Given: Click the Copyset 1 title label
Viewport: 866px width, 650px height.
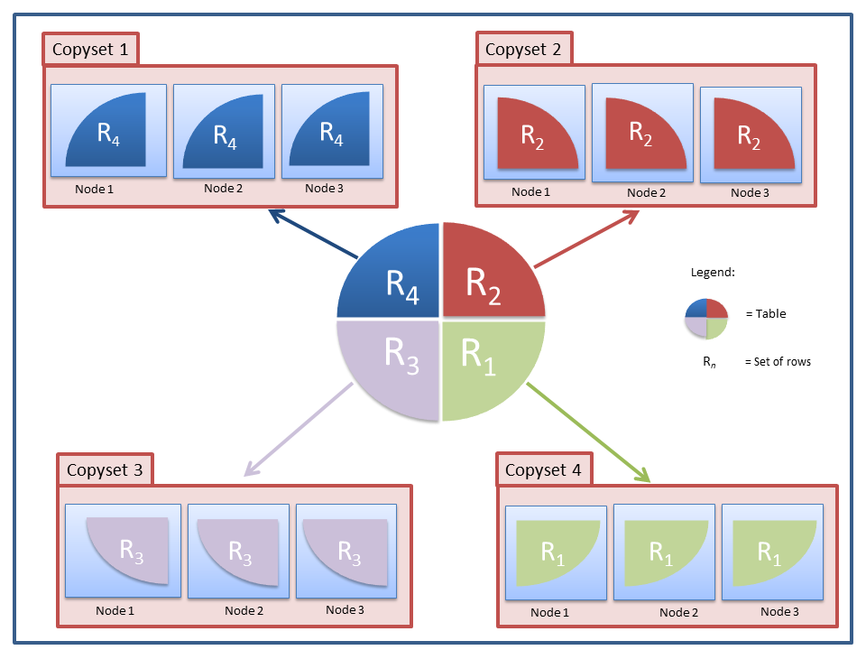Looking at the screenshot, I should click(90, 50).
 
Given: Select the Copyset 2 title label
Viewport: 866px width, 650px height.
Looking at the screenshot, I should click(523, 50).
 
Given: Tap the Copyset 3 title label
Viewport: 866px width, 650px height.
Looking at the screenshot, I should click(105, 470).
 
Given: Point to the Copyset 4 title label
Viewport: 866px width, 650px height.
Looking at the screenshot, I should click(543, 470).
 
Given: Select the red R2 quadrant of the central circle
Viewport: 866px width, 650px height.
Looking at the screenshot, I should click(487, 275).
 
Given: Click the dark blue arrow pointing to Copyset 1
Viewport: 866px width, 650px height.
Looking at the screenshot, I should click(312, 234).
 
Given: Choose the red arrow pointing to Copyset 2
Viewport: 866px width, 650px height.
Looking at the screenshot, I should click(586, 239).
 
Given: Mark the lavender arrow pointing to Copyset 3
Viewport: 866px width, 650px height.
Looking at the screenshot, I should click(298, 430).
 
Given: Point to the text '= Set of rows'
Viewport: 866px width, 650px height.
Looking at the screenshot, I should click(778, 362).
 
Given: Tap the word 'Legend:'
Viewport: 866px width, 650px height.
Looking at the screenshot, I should click(713, 273).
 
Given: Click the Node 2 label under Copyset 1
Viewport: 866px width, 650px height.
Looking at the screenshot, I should click(224, 189).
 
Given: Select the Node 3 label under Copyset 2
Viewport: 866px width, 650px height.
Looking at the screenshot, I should click(750, 192).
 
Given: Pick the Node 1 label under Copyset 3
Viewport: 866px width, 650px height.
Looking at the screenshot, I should click(115, 610).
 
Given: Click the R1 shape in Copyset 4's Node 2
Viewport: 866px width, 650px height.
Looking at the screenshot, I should click(663, 551).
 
